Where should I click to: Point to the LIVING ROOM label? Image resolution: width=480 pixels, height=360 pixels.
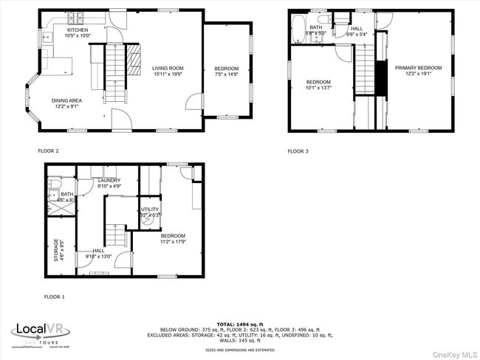(168, 71)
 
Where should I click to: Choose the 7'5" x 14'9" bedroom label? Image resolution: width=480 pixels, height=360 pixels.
(227, 71)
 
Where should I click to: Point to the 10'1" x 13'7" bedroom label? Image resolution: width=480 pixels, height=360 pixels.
(318, 85)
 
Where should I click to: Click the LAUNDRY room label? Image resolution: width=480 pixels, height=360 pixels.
(109, 183)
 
